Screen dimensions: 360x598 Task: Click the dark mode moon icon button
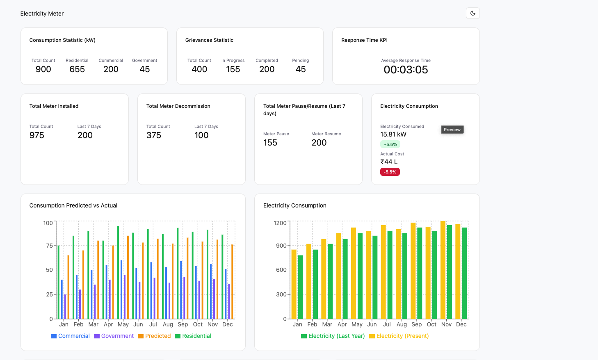click(x=473, y=13)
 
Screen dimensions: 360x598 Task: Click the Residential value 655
click(x=77, y=69)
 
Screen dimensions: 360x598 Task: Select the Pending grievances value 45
click(x=301, y=69)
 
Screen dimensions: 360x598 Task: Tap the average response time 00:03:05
click(x=406, y=70)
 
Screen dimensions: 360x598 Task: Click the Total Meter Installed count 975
click(x=37, y=135)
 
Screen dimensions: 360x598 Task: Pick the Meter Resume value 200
click(x=319, y=143)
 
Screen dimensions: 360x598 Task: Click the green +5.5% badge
click(x=390, y=144)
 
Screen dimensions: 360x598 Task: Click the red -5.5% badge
click(x=390, y=172)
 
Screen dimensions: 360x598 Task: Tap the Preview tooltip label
click(x=452, y=130)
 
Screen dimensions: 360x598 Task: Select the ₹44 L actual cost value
click(x=389, y=162)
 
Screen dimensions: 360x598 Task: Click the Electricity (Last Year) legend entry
click(x=333, y=336)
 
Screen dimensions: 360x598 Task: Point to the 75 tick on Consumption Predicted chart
click(x=49, y=246)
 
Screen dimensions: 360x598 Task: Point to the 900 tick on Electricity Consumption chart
click(x=281, y=246)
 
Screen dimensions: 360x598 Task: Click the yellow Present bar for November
click(x=443, y=271)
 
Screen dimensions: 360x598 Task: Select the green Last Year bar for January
click(x=301, y=287)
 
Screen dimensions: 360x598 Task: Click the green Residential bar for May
click(x=118, y=273)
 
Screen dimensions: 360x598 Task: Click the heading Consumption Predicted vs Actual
click(x=73, y=205)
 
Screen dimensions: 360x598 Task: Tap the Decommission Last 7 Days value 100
click(x=201, y=135)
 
